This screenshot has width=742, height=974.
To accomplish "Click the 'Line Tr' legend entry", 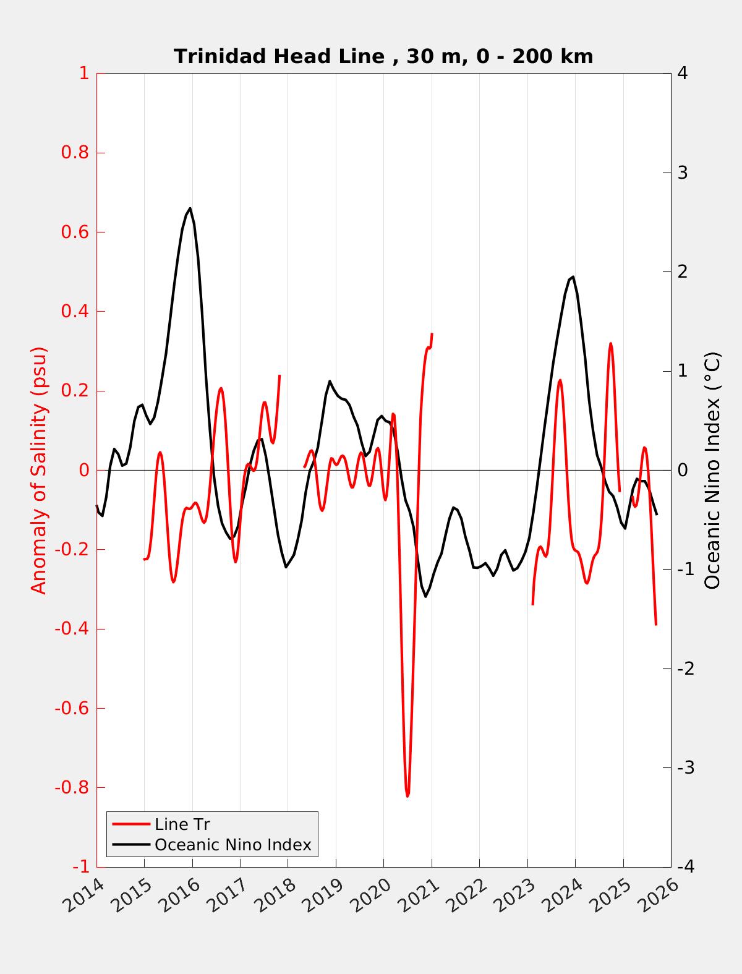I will (182, 824).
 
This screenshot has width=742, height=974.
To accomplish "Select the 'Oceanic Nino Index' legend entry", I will (232, 845).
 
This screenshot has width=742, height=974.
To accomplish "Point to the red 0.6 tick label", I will (75, 233).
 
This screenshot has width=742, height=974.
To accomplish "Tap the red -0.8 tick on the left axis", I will (72, 788).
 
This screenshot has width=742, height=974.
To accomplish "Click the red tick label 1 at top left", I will (83, 74).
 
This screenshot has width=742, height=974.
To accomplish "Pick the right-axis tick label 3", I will (683, 173).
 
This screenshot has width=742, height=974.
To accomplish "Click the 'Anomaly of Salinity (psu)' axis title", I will (39, 470).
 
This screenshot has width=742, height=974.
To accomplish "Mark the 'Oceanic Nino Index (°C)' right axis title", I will (713, 470).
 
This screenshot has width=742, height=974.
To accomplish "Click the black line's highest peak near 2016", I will (190, 208).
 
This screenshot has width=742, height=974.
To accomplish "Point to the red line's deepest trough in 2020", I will (407, 796).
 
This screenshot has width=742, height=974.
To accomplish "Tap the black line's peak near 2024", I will (573, 276).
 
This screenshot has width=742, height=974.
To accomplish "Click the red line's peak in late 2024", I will (610, 343).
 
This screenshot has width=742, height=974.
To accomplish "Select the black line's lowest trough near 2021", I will (425, 596).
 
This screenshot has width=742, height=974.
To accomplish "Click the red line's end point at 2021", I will (432, 333).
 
